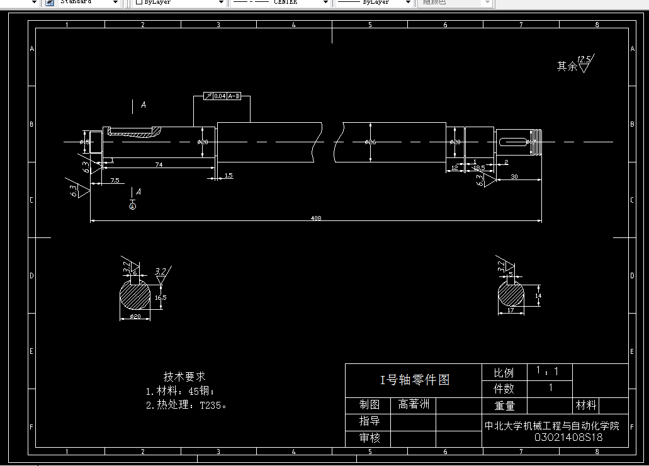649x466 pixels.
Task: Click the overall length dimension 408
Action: [316, 218]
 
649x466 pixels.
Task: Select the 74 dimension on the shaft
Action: [159, 164]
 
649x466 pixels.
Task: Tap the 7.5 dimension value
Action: [115, 181]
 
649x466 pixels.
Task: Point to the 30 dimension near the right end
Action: [514, 177]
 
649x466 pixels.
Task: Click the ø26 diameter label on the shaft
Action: [370, 142]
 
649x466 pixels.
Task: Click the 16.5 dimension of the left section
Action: [161, 297]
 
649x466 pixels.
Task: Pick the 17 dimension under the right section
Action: [511, 310]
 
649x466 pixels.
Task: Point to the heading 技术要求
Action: [184, 376]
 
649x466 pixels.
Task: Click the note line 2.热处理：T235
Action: [186, 405]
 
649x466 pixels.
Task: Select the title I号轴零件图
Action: [414, 380]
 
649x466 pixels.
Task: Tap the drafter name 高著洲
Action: [413, 404]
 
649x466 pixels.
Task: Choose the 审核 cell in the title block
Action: [369, 438]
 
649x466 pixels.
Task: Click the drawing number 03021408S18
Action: [568, 437]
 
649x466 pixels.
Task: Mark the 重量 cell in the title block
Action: [504, 406]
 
